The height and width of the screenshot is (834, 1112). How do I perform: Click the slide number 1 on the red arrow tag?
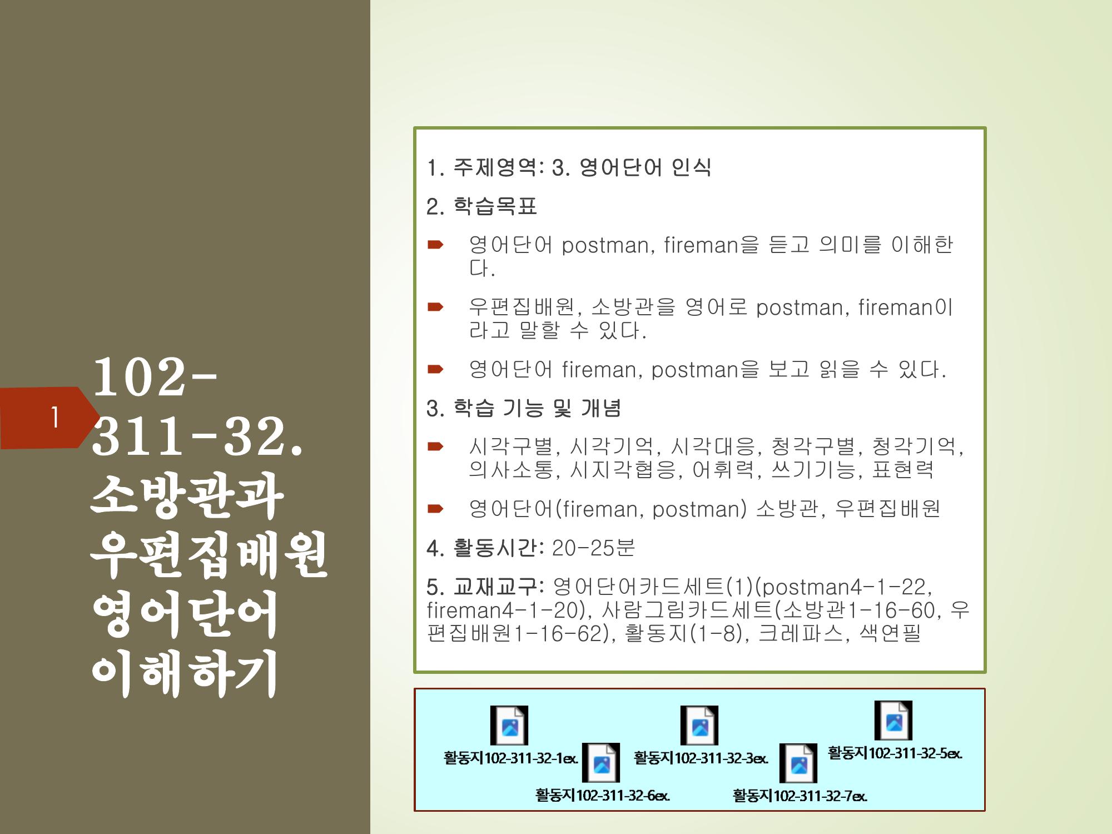(55, 417)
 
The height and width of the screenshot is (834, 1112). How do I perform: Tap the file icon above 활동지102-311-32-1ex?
(509, 725)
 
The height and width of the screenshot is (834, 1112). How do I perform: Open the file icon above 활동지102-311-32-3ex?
(699, 725)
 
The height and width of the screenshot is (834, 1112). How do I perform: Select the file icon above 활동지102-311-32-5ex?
(893, 720)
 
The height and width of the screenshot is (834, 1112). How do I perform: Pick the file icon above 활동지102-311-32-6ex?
(601, 762)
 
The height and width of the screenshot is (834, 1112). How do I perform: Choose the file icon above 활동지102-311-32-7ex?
(798, 763)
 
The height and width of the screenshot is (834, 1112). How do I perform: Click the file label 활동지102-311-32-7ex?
(800, 796)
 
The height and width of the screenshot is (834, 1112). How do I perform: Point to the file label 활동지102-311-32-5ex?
(895, 753)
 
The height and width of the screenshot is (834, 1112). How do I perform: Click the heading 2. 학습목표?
(481, 206)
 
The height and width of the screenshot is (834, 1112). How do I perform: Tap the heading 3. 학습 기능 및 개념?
(524, 408)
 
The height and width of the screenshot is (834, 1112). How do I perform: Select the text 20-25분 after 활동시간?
(593, 548)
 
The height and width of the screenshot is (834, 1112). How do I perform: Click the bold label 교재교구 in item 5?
(495, 587)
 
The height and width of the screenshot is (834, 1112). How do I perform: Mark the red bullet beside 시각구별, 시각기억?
(435, 446)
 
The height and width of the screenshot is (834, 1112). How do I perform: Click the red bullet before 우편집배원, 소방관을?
(435, 306)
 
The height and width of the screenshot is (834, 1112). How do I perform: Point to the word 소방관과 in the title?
(187, 495)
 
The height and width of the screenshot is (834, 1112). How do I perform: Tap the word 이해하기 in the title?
(185, 672)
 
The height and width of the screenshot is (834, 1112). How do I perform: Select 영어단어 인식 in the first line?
(645, 167)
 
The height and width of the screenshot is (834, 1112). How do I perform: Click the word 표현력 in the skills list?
(903, 469)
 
